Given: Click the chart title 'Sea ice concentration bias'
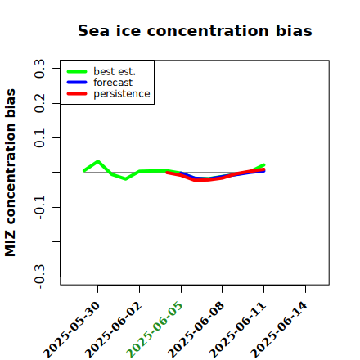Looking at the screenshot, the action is (195, 30).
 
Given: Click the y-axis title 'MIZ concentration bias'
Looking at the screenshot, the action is (11, 173).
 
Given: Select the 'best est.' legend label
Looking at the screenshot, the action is (115, 71).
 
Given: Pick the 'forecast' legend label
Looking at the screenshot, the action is (113, 83).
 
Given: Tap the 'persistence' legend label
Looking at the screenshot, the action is (122, 94).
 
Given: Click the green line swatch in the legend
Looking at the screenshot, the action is (77, 71).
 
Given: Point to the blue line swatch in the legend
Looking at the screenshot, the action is (77, 83).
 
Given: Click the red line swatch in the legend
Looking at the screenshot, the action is (77, 94).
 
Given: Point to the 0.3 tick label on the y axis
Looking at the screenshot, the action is (40, 69).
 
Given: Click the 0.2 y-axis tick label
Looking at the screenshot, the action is (40, 103).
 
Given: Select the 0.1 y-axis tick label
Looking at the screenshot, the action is (40, 138).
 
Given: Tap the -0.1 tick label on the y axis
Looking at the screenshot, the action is (40, 208).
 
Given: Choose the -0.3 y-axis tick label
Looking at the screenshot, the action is (40, 277).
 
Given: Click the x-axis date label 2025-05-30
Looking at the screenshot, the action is (72, 330).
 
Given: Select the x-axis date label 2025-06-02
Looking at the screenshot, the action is (114, 330).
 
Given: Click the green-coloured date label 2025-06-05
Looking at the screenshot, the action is (155, 330).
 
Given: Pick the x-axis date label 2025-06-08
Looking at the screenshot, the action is (196, 330).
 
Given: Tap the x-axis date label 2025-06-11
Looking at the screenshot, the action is (237, 330).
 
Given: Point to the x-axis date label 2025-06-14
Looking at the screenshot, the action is (279, 330).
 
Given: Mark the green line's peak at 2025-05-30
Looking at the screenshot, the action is (98, 161).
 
